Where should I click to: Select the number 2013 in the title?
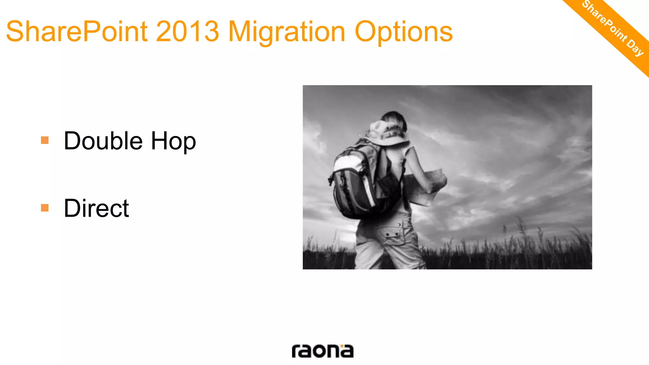[188, 32]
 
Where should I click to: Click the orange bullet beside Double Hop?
[45, 140]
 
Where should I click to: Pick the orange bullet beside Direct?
[45, 208]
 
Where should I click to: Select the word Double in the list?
[103, 141]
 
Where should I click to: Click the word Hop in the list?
[173, 141]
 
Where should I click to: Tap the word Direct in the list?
[96, 208]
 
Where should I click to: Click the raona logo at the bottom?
[322, 351]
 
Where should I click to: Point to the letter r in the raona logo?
[295, 351]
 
